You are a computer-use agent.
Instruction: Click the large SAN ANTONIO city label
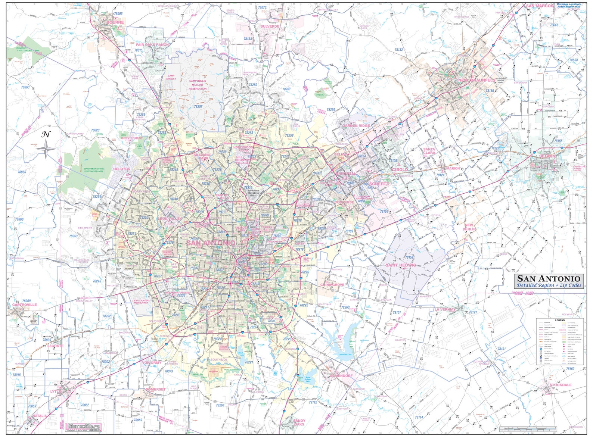click(211, 243)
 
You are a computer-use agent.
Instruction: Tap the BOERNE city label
click(115, 22)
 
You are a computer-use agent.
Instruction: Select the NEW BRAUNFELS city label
click(476, 80)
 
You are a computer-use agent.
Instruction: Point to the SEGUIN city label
click(547, 156)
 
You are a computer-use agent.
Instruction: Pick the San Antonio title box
click(549, 281)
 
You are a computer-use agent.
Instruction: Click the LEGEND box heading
click(559, 320)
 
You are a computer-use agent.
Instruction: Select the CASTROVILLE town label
click(24, 305)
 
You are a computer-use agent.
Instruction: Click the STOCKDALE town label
click(560, 385)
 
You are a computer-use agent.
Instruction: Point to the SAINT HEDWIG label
click(401, 265)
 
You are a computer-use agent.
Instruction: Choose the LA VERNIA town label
click(444, 309)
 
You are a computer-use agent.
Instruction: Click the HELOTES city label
click(121, 169)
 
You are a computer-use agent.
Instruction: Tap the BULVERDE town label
click(270, 26)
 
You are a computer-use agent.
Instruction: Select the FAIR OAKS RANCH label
click(152, 45)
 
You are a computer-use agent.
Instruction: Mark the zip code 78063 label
click(25, 87)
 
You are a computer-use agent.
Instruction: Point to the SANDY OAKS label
click(299, 422)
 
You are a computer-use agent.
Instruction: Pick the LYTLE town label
click(56, 391)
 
